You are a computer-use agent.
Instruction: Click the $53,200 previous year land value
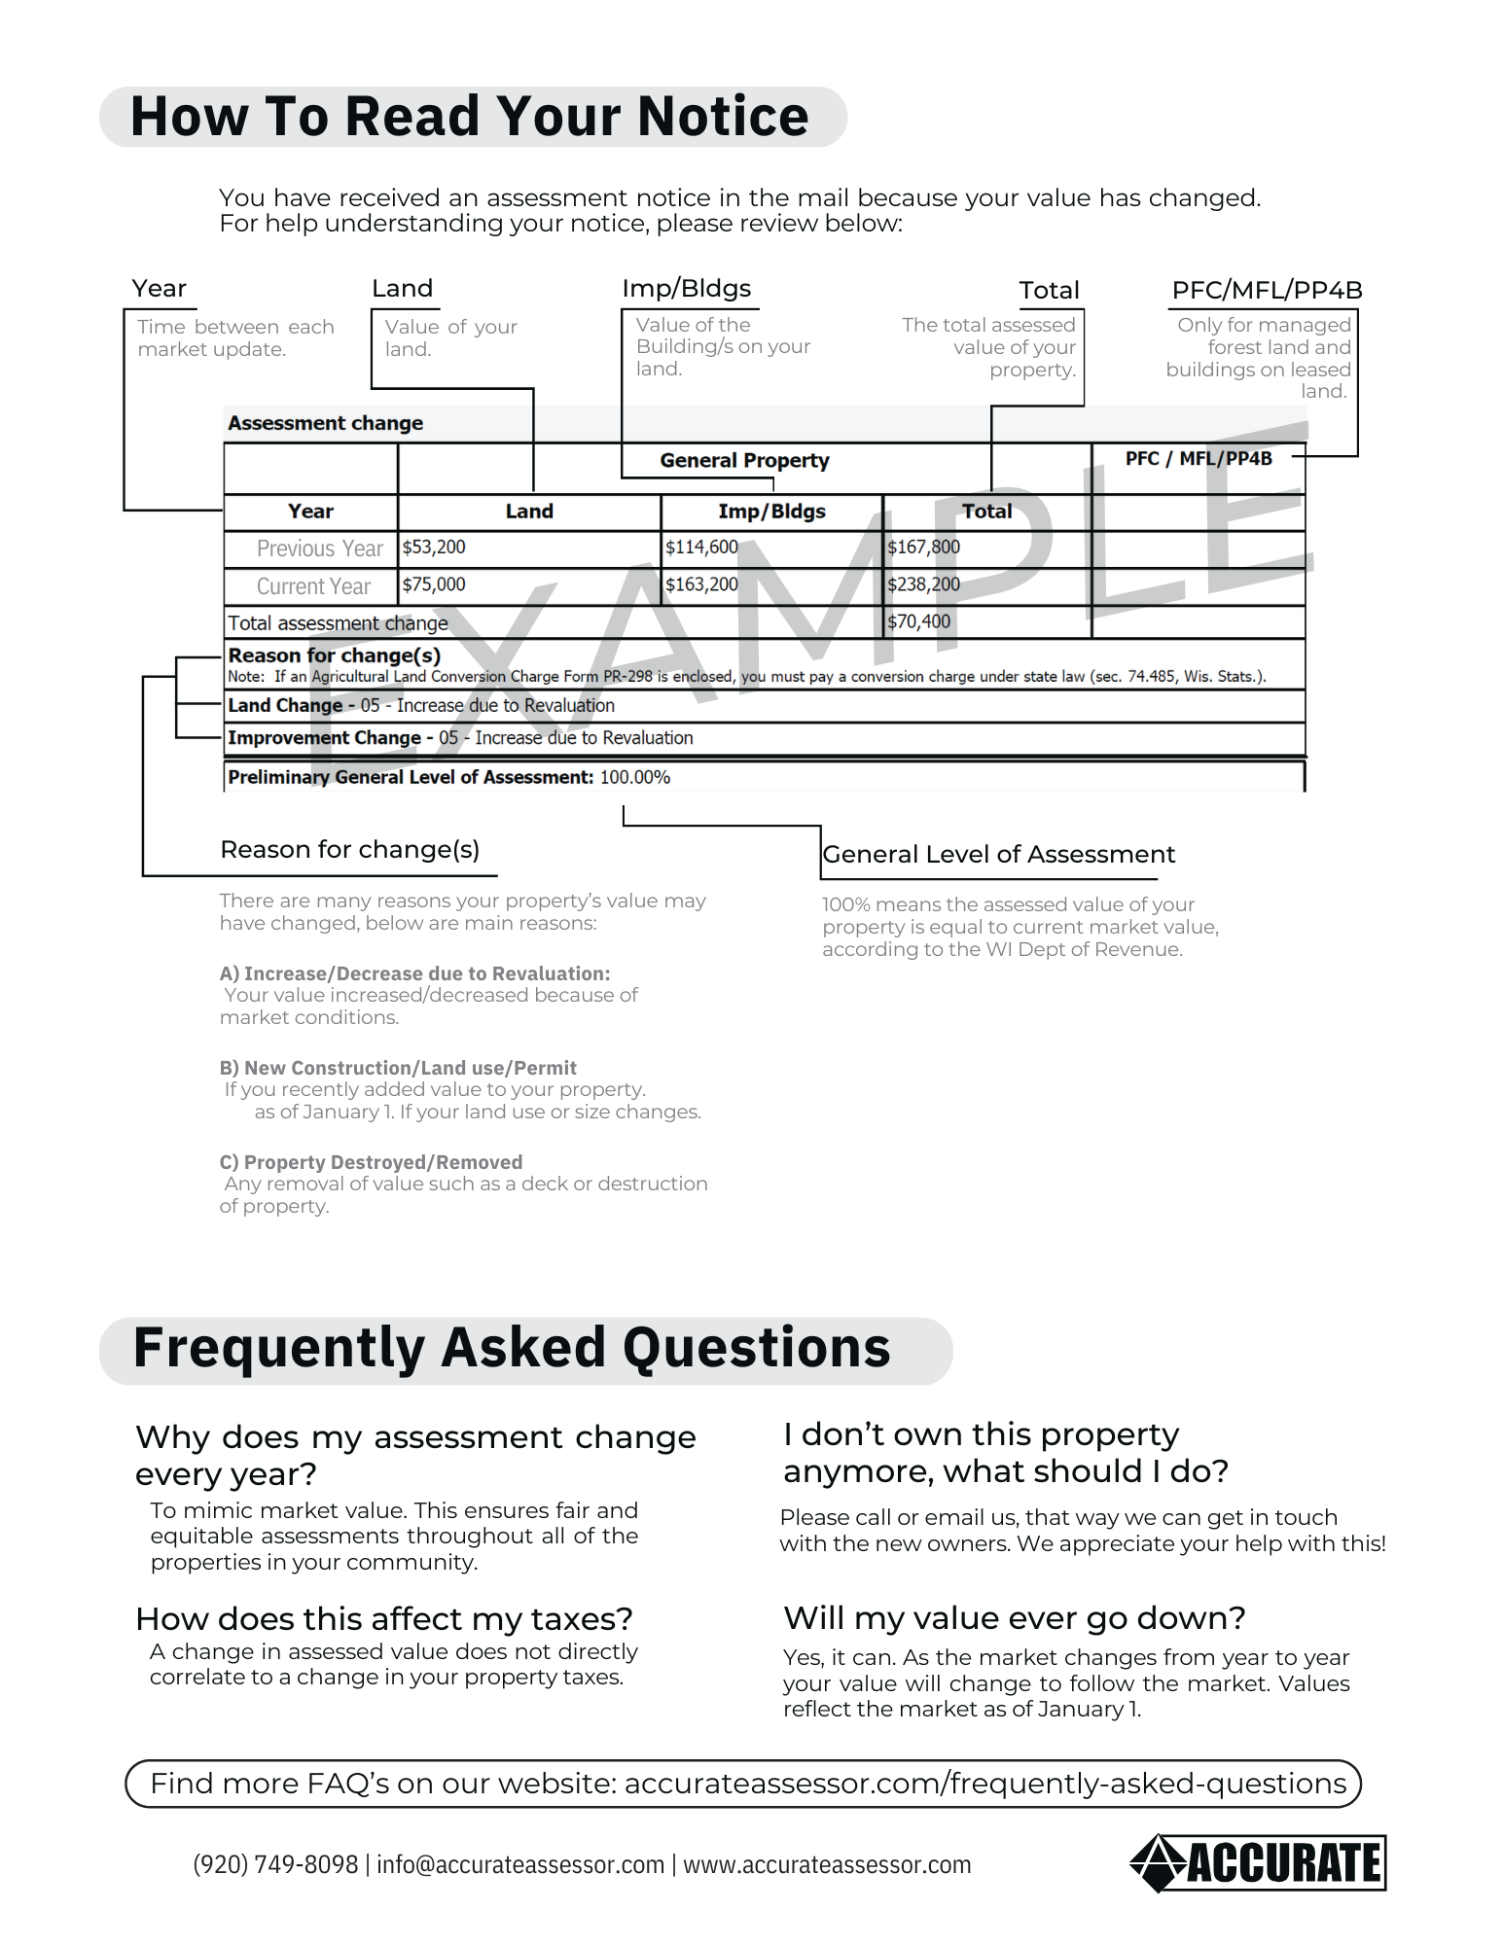pos(434,548)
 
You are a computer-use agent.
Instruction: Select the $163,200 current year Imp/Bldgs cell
pos(701,584)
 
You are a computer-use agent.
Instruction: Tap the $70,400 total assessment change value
pos(918,621)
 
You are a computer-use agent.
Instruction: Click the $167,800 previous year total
pos(923,548)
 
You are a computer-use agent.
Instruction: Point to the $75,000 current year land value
pos(434,584)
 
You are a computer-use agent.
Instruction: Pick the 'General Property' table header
pos(744,460)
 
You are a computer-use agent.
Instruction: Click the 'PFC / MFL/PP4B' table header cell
pos(1199,458)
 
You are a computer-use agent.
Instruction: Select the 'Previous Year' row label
pos(319,548)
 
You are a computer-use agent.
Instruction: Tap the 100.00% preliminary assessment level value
pos(635,777)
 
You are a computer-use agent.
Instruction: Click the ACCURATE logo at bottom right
pos(1259,1863)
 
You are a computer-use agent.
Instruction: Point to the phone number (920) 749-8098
pos(275,1864)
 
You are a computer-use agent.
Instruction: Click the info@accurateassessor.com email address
pos(520,1864)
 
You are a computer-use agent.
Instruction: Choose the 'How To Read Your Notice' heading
pos(470,117)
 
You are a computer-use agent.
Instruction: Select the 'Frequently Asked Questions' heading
pos(512,1348)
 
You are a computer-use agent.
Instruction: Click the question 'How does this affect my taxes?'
pos(384,1618)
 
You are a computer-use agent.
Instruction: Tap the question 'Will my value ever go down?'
pos(1015,1617)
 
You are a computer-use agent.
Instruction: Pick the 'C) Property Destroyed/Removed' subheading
pos(371,1162)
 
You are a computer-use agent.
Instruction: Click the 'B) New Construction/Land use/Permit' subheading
pos(398,1068)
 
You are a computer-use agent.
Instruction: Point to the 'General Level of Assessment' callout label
pos(998,854)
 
